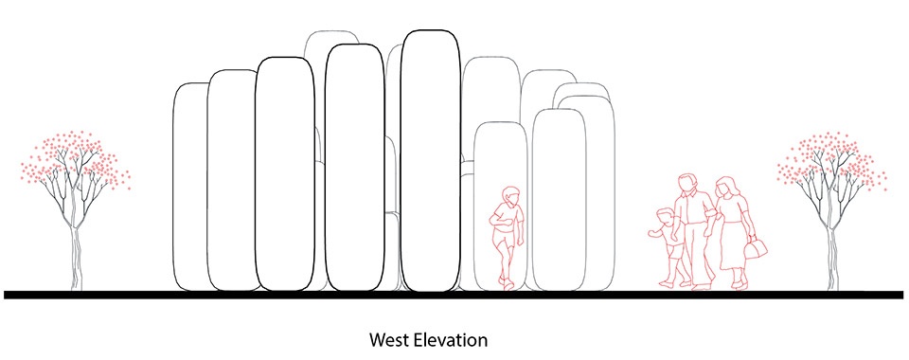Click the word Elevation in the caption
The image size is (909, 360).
[x=452, y=339]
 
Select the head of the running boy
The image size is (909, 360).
[x=511, y=195]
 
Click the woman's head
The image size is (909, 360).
[x=724, y=188]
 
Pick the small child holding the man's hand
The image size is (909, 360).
[x=670, y=246]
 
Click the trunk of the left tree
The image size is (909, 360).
[x=76, y=258]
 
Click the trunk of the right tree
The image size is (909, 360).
[x=832, y=258]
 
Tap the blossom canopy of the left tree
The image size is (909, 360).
[x=76, y=161]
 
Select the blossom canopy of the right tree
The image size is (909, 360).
[x=832, y=161]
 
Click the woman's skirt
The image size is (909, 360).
[x=733, y=246]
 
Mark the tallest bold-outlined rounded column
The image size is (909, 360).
[x=431, y=161]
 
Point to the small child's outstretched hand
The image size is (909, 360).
[x=651, y=234]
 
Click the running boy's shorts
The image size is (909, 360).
[x=506, y=238]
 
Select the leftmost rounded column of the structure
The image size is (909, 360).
[x=191, y=187]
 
